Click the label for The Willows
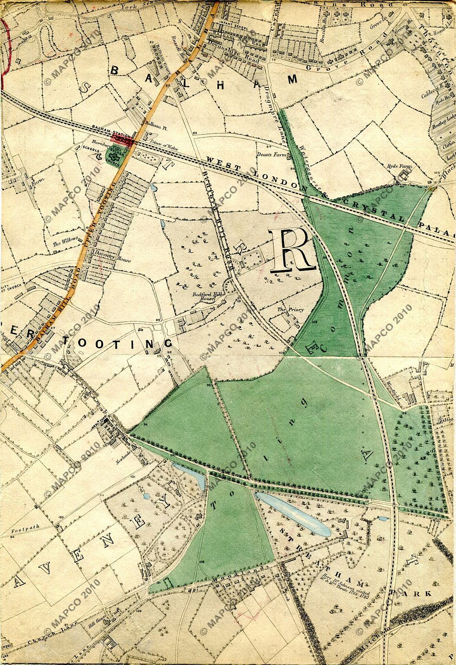point(63,244)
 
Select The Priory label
point(290,310)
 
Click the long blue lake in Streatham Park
point(293,514)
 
